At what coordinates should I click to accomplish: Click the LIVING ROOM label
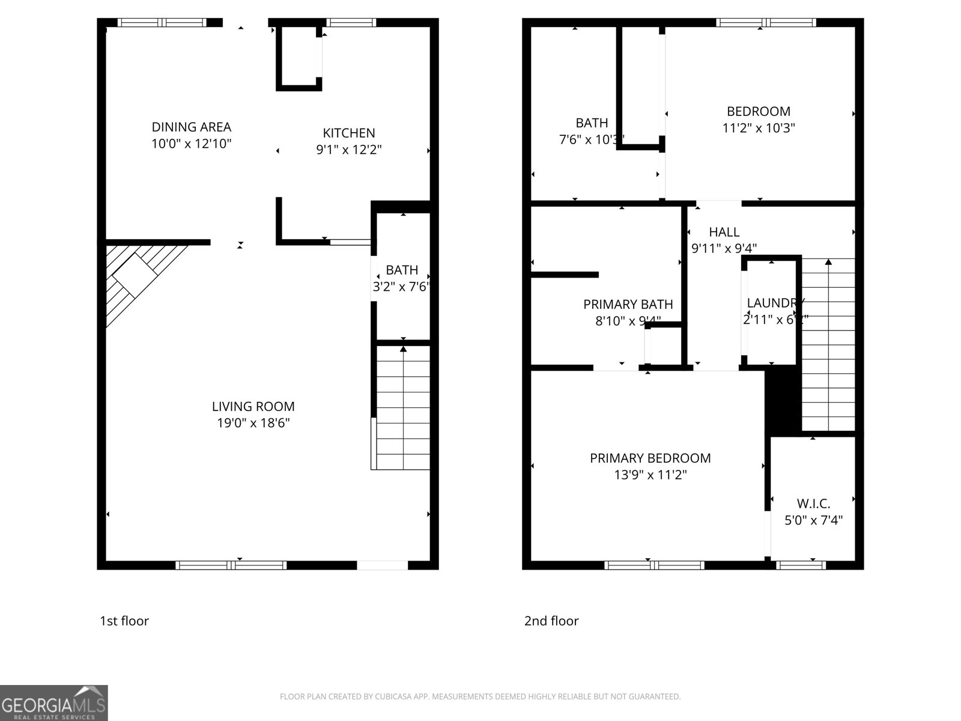click(x=253, y=407)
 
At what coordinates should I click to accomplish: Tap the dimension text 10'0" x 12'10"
click(x=191, y=144)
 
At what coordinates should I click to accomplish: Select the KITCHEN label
click(x=349, y=133)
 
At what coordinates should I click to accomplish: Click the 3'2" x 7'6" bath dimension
click(x=401, y=287)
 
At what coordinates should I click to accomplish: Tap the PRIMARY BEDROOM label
click(x=650, y=458)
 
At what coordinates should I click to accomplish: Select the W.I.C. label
click(x=813, y=503)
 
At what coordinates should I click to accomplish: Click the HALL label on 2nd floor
click(x=724, y=232)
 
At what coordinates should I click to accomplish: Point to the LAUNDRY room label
click(x=775, y=303)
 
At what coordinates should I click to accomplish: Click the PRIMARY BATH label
click(x=628, y=305)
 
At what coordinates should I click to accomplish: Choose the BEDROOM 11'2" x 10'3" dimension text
click(x=759, y=128)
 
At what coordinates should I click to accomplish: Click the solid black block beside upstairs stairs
click(x=783, y=403)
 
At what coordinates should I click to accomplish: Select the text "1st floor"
click(x=124, y=621)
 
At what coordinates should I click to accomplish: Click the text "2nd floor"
click(x=551, y=621)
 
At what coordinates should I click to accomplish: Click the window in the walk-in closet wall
click(x=800, y=565)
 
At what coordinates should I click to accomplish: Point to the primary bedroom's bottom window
click(x=654, y=565)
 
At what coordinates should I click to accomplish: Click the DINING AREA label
click(x=191, y=127)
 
